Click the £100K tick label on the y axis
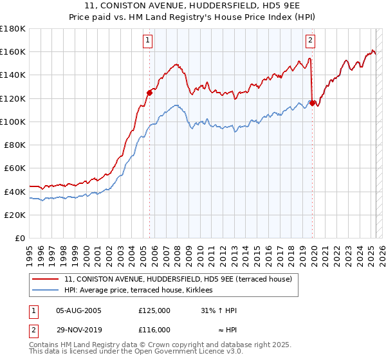[13, 122]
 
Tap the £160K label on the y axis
[13, 51]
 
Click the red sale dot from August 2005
[149, 92]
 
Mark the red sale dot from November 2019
[313, 102]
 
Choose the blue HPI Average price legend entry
[143, 290]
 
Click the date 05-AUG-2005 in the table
[78, 310]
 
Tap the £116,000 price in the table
[154, 329]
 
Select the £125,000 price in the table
[154, 310]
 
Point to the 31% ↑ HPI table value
[219, 310]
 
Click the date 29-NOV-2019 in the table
[78, 329]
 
